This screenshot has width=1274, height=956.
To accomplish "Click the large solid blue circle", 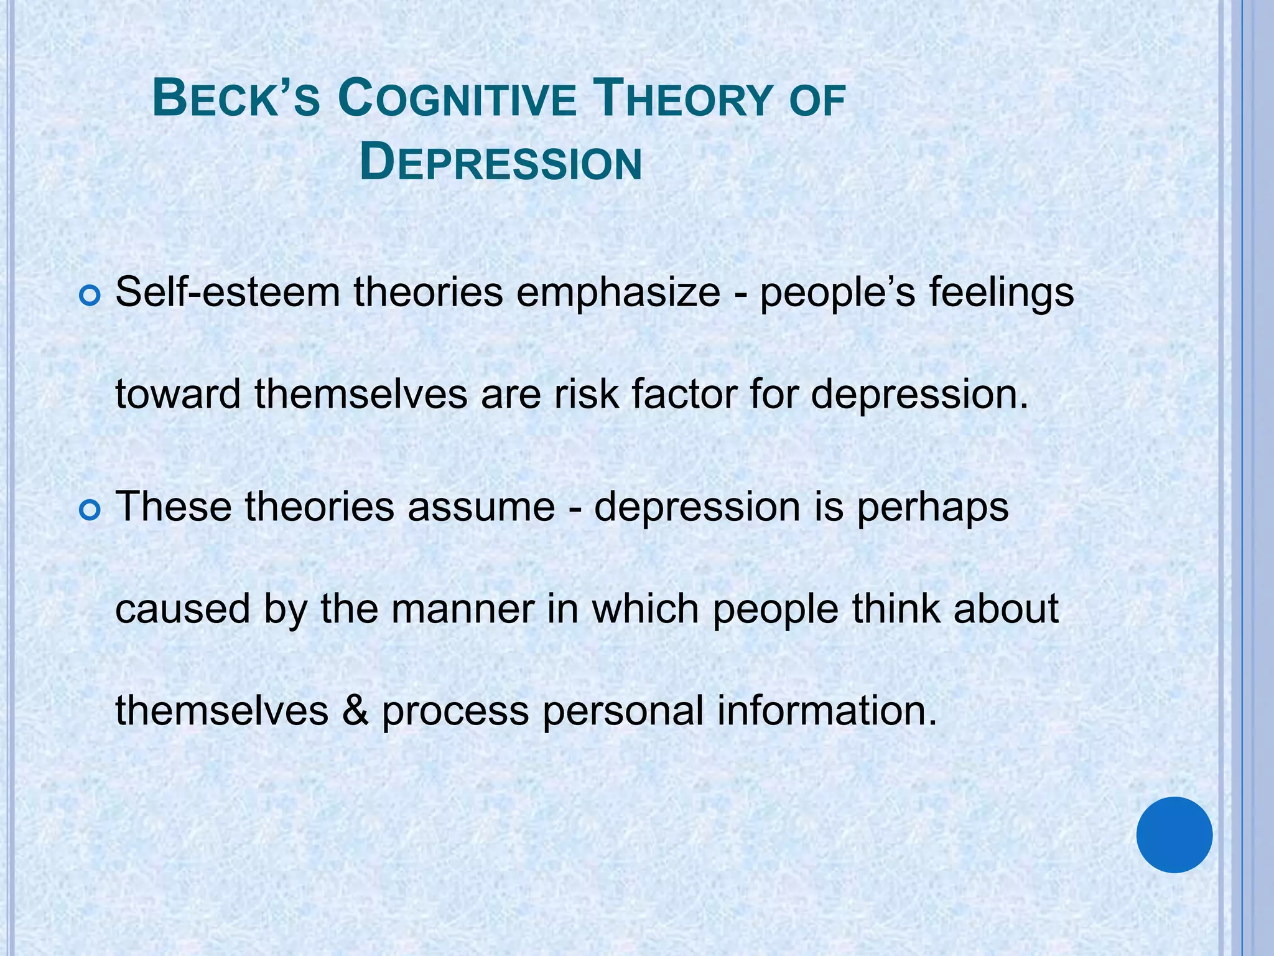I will point(1174,835).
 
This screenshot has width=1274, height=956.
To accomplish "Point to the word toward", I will point(178,394).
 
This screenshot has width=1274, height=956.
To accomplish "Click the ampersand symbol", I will point(355,711).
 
